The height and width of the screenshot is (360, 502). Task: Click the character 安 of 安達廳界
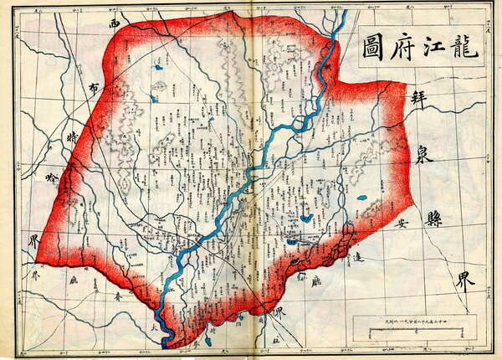(402, 224)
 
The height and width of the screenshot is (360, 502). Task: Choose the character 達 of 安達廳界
(357, 260)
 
